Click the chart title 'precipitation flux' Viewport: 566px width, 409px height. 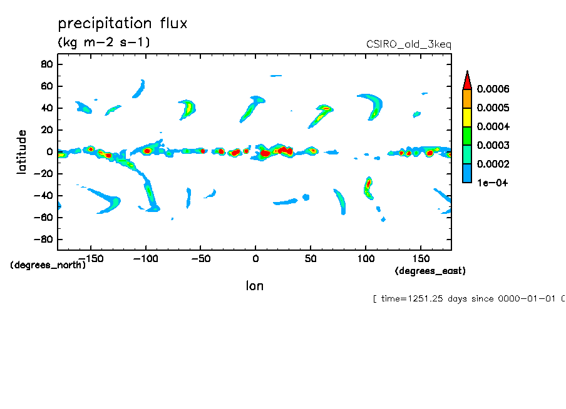[x=123, y=24]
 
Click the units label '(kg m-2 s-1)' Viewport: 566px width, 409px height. [x=104, y=43]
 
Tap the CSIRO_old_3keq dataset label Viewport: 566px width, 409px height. [x=408, y=44]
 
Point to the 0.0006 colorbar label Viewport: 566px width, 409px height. [x=493, y=89]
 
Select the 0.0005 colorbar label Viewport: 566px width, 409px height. [x=493, y=108]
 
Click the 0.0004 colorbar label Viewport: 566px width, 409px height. [x=493, y=127]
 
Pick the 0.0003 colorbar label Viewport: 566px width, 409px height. [x=493, y=146]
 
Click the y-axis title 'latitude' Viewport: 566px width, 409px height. [x=23, y=152]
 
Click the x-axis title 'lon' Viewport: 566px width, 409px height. [x=254, y=286]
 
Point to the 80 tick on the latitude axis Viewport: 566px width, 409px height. [x=46, y=64]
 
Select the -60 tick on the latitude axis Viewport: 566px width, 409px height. [x=43, y=218]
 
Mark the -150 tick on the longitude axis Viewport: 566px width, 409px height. [x=91, y=258]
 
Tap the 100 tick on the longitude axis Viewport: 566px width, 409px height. [x=364, y=258]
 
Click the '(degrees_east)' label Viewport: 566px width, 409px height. [x=430, y=271]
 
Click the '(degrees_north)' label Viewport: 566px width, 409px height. [x=48, y=265]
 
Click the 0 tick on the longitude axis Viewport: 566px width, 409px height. [x=255, y=258]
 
